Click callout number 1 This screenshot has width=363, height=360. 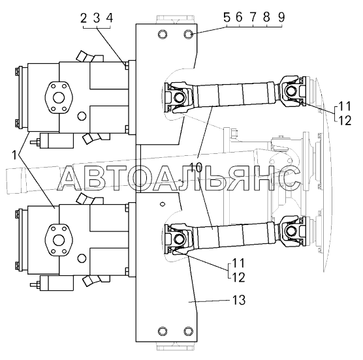(14, 155)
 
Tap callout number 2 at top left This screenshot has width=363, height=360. (84, 18)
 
